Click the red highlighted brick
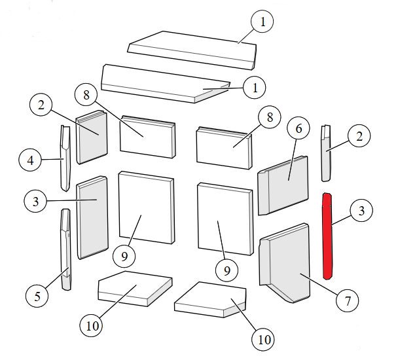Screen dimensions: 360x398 click(x=327, y=234)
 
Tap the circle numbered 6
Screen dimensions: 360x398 click(x=298, y=129)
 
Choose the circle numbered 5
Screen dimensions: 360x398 click(x=39, y=296)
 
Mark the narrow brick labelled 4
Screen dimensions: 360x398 click(x=65, y=157)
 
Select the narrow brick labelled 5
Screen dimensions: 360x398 click(x=66, y=249)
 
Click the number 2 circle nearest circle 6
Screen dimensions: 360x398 click(x=359, y=137)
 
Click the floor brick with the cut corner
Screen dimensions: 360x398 click(x=209, y=298)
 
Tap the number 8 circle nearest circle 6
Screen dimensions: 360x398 click(x=268, y=118)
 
